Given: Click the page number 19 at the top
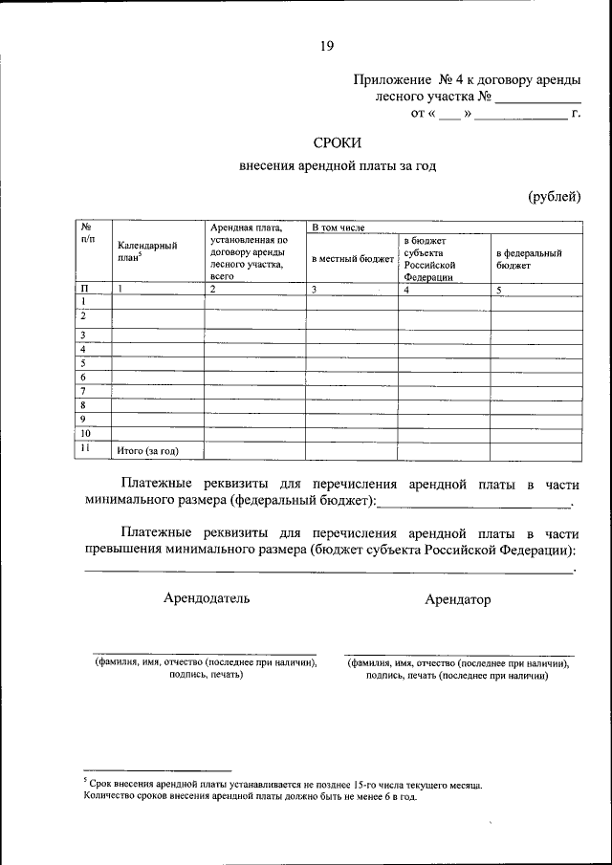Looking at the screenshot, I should tap(327, 44).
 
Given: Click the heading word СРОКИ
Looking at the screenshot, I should tap(337, 142).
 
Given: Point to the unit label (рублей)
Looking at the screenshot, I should tap(555, 197).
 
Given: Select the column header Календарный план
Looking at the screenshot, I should tap(146, 251).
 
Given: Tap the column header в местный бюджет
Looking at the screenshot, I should tap(352, 258).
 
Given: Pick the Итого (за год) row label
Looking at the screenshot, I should tap(147, 449).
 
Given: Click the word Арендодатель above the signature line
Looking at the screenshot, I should tap(207, 598).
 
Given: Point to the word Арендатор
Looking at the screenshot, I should tap(458, 599).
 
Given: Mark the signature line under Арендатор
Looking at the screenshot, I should tap(458, 655).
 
